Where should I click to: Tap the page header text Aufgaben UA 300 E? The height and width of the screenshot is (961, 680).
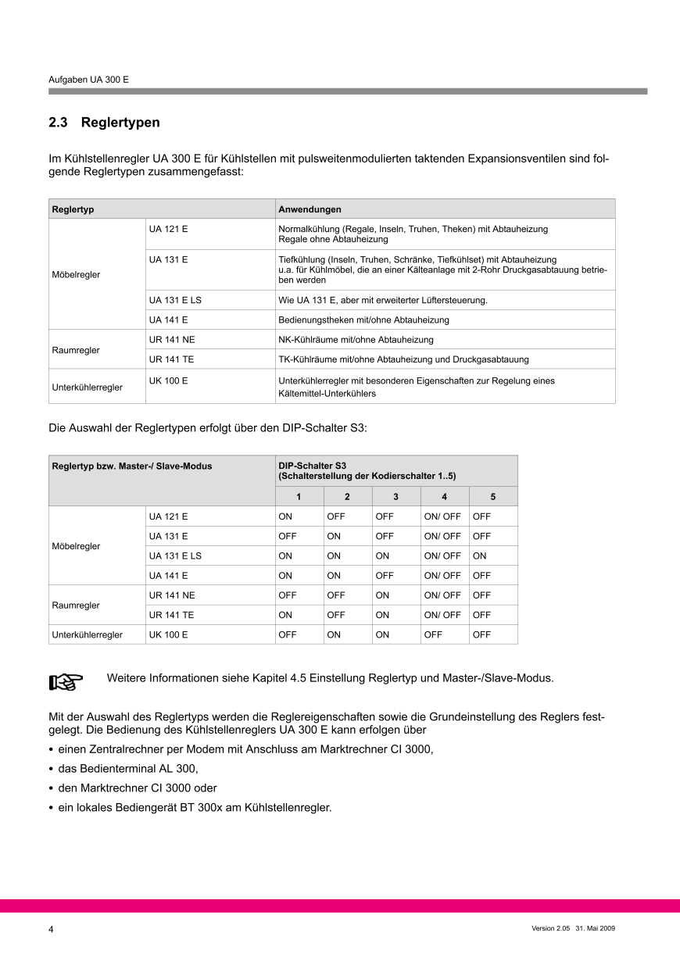tap(88, 80)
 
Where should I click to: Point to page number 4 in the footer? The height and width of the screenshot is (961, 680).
tap(52, 930)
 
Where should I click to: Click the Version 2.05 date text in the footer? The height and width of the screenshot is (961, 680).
tap(574, 929)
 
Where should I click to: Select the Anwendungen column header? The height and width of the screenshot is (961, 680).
tap(310, 209)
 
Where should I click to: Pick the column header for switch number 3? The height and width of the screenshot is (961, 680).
tap(395, 497)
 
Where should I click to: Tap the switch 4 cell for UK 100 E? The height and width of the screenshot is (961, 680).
tap(433, 634)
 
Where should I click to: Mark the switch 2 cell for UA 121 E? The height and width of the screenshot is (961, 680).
tap(336, 516)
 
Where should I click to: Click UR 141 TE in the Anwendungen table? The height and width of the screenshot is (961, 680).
tap(172, 359)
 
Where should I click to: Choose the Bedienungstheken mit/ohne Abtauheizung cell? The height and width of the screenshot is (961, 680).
tap(363, 320)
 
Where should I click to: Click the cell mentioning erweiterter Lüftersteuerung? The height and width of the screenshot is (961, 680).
tap(383, 300)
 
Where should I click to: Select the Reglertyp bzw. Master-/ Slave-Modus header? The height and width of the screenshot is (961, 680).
tap(131, 466)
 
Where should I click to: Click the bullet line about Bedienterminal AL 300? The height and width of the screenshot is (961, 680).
tap(123, 769)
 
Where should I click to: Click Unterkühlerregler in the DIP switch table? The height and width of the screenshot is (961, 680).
tap(87, 634)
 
